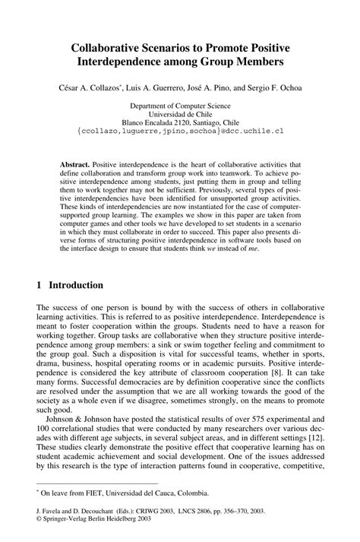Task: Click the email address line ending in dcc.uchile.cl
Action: (x=179, y=131)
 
